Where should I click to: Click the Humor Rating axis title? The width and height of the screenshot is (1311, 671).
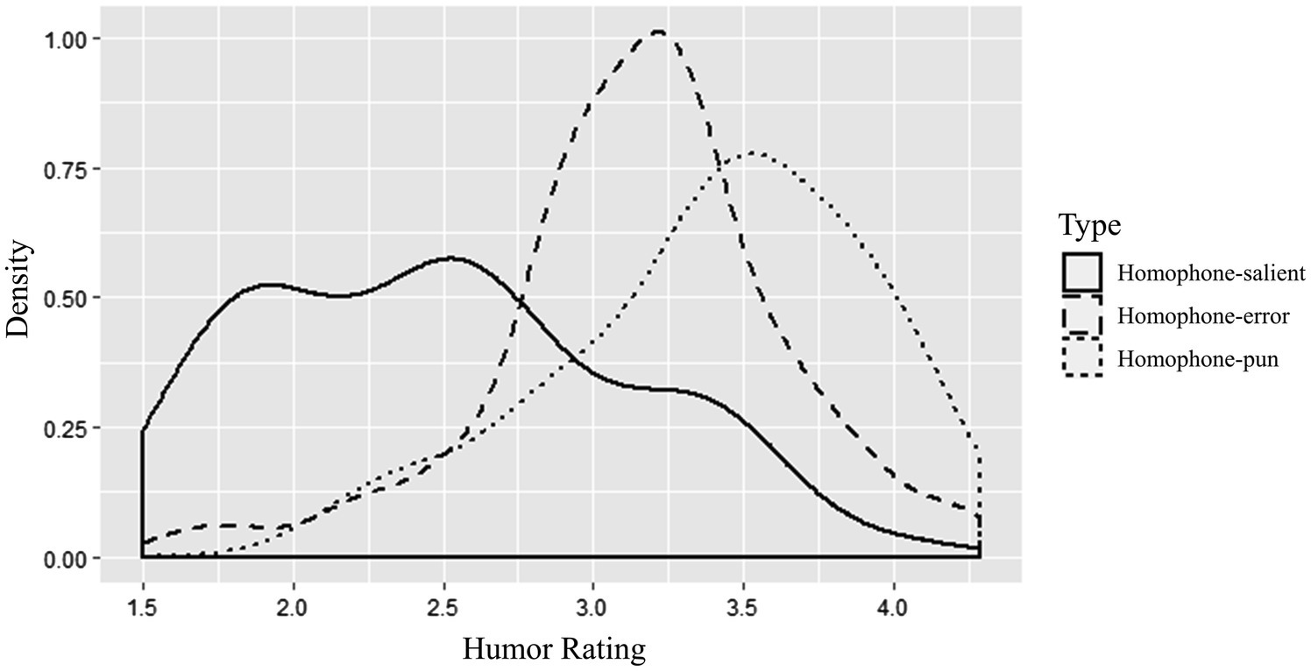click(553, 649)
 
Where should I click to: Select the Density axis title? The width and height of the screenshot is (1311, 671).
click(19, 290)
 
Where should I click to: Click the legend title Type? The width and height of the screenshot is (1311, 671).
click(1089, 226)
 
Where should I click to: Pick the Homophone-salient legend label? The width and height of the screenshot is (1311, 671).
click(1211, 273)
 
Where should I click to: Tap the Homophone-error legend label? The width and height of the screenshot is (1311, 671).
click(1203, 316)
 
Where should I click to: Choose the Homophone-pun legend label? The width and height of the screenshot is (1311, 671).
click(1198, 358)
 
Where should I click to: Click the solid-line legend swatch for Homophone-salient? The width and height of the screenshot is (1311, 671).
click(1081, 273)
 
